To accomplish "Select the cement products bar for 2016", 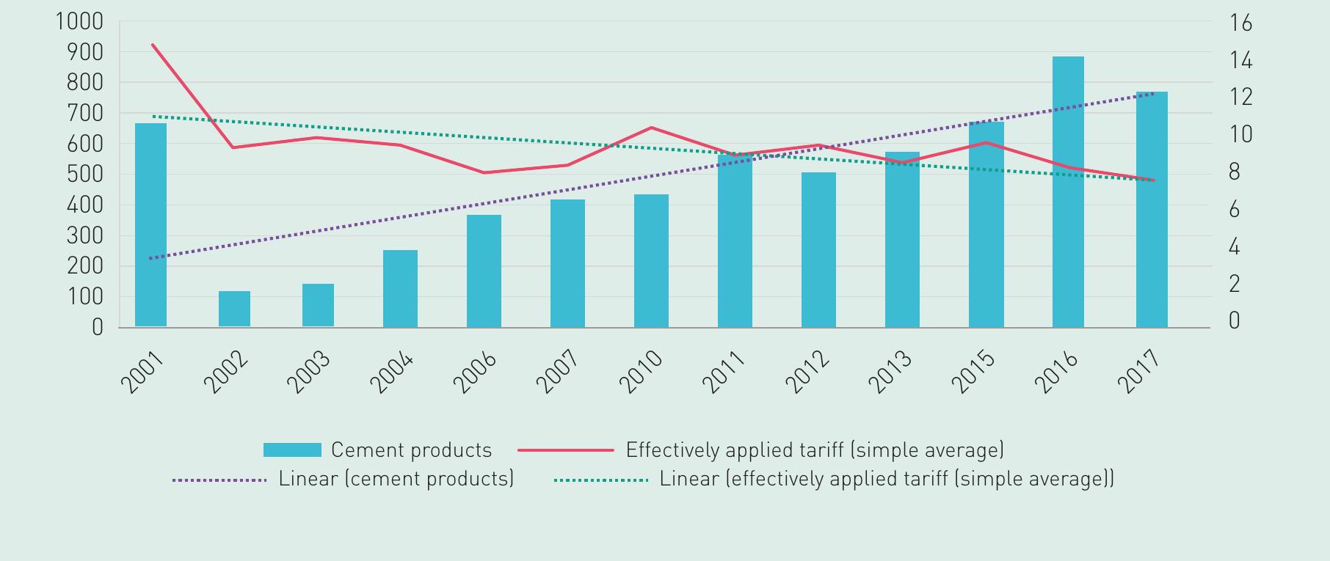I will click(1068, 192).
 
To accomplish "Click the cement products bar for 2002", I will click(234, 309).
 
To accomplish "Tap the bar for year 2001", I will click(150, 225).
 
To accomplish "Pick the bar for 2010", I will click(651, 260).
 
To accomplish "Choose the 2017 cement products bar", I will click(1152, 210).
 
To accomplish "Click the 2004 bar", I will click(400, 288).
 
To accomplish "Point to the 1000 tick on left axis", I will click(79, 22).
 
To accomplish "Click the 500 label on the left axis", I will click(85, 175).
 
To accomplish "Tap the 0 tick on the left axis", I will click(98, 327).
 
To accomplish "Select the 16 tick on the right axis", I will click(1240, 23).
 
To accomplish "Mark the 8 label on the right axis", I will click(1235, 172).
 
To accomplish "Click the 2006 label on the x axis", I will click(475, 372).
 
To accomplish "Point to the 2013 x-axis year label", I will click(891, 372).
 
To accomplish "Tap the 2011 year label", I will click(724, 372).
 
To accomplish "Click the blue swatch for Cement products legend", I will click(292, 450).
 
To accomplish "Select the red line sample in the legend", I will click(565, 450).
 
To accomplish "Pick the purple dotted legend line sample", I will click(219, 480).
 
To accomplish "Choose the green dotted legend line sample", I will click(600, 480).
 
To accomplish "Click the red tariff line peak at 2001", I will click(153, 45).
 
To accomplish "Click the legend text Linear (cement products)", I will click(396, 479).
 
